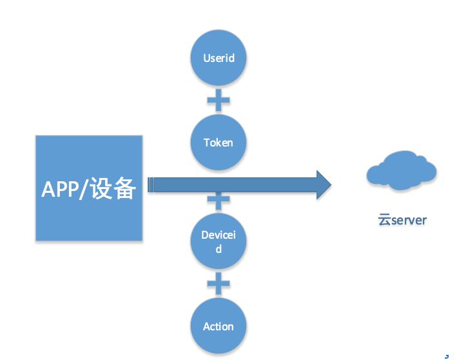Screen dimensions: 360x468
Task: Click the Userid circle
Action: pos(219,58)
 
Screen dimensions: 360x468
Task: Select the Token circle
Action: pos(219,142)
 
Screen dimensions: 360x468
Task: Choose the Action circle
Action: pos(219,326)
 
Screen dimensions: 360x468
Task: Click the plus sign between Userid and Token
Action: pos(219,100)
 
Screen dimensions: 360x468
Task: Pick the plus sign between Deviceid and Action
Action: pos(219,284)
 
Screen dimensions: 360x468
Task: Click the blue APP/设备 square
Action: pos(88,188)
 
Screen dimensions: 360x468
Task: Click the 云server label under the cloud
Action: pos(402,220)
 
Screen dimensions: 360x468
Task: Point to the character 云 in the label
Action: pos(384,220)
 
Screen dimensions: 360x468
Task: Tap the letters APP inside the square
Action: pos(59,189)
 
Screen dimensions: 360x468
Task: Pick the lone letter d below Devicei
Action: pos(219,249)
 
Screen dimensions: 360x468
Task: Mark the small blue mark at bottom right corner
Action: pos(446,355)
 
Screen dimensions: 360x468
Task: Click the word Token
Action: pos(219,143)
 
